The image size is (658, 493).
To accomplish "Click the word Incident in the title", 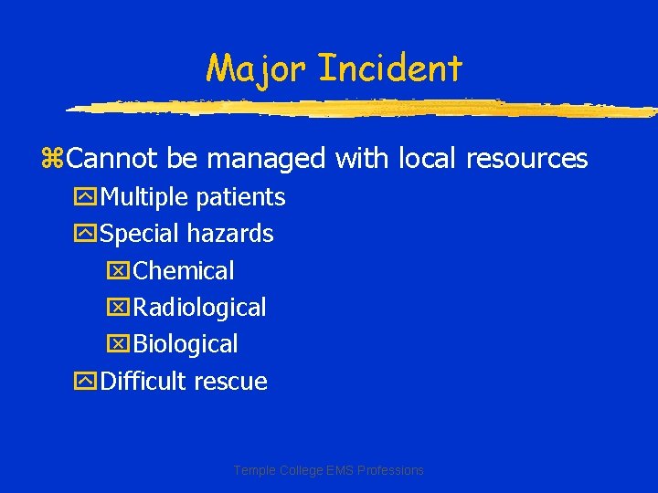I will (x=391, y=68).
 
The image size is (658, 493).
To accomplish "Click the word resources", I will (x=526, y=159).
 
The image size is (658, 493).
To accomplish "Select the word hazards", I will (x=229, y=234).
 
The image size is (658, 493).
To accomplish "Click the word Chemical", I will (x=184, y=271).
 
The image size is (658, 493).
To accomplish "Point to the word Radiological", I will (x=199, y=308).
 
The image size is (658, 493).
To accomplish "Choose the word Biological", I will (x=186, y=344).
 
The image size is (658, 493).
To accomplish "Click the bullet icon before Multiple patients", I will (x=88, y=198).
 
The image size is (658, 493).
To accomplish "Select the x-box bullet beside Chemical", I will (x=121, y=272).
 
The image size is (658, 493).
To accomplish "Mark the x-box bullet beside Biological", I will (x=121, y=345).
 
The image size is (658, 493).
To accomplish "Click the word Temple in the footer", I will (x=253, y=470).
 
